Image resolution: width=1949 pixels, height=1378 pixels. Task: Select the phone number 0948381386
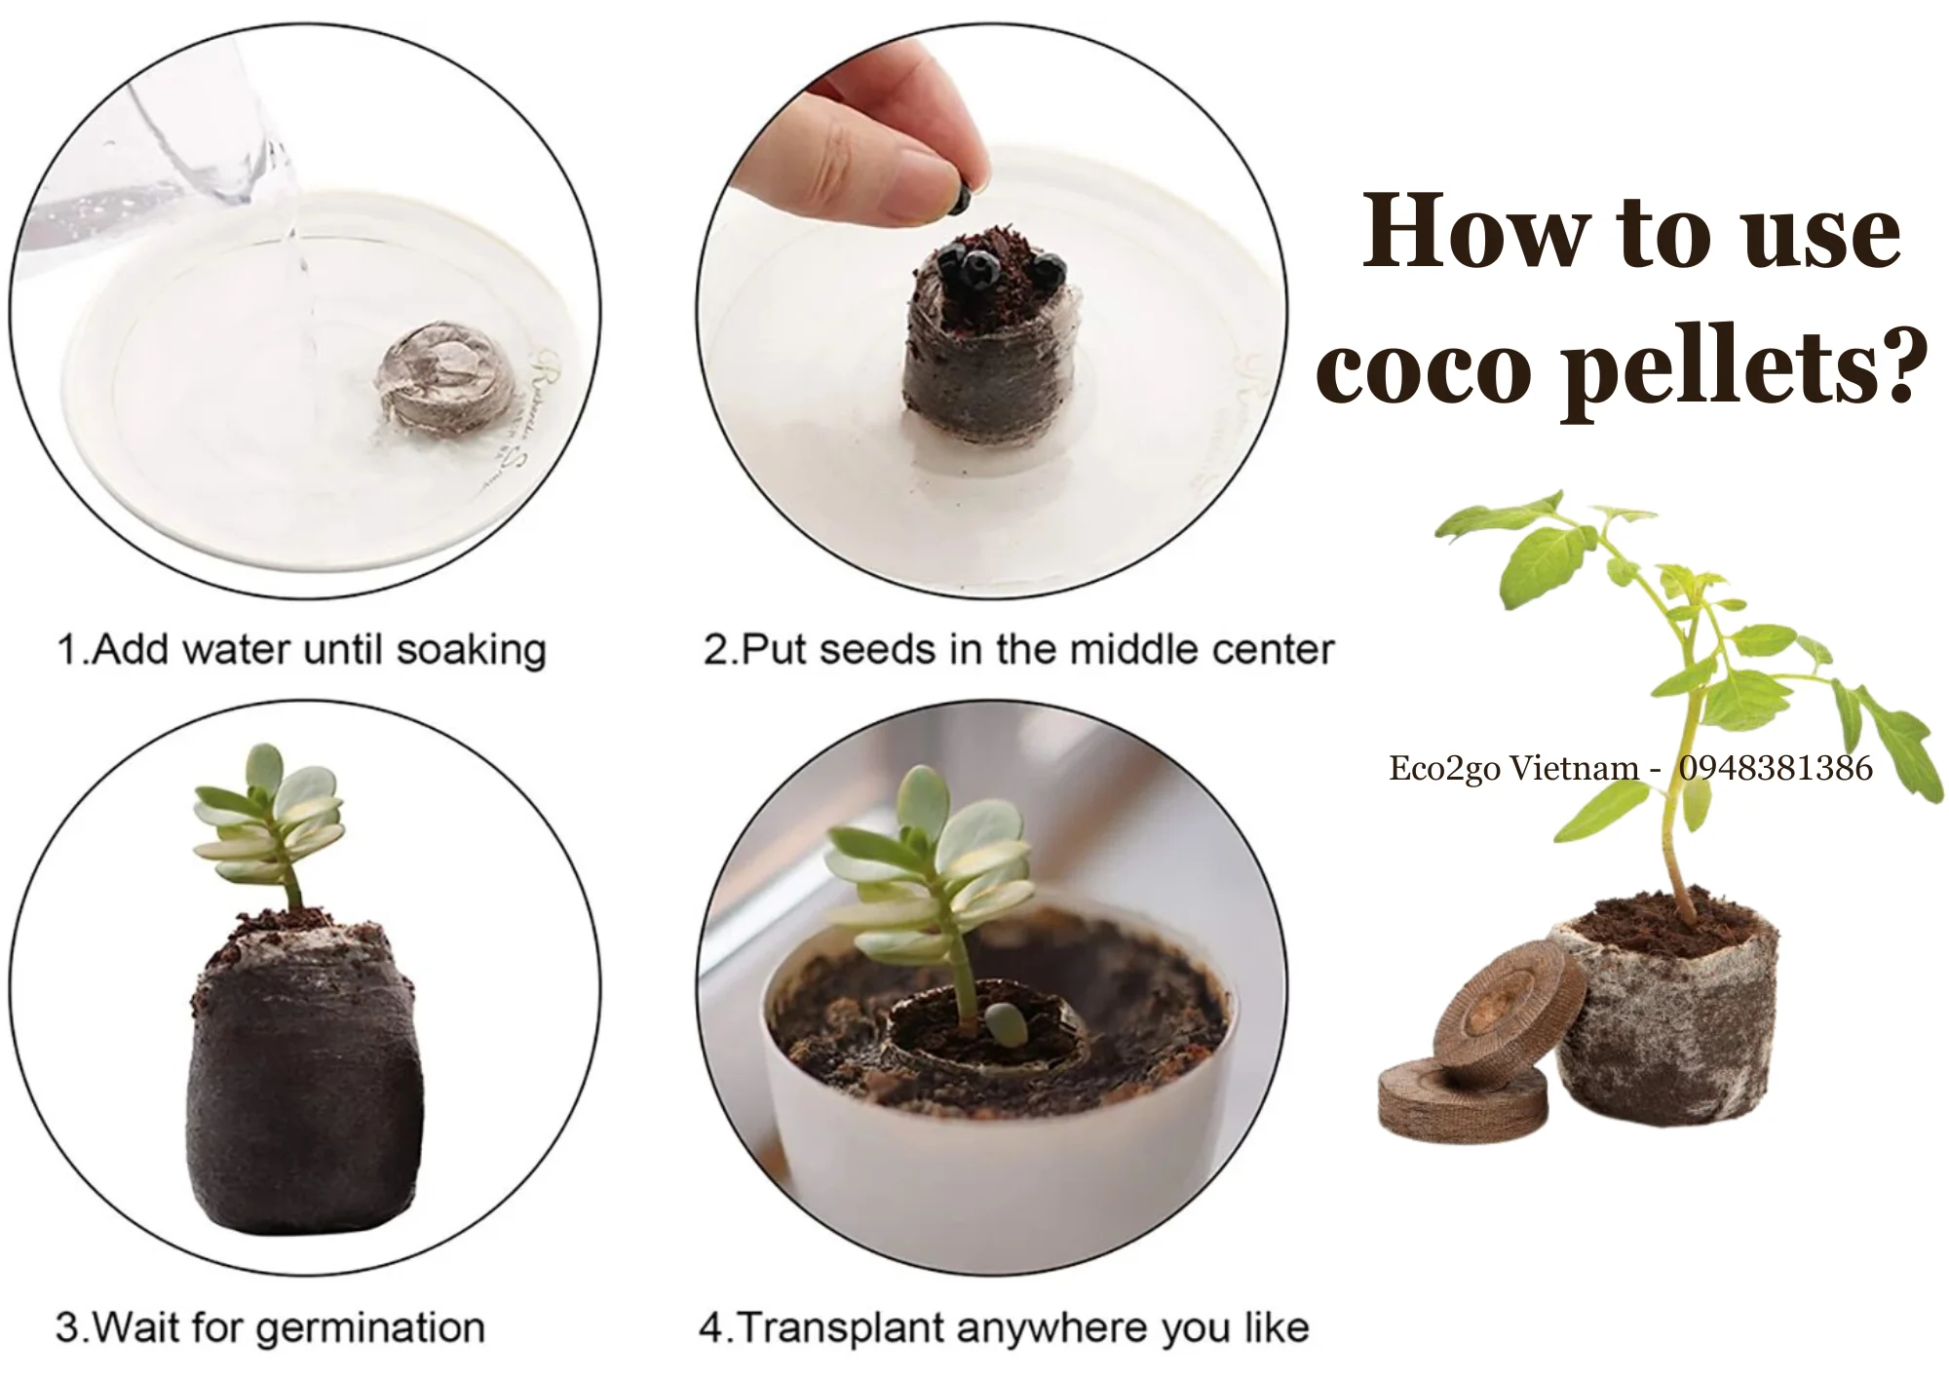[x=1775, y=768]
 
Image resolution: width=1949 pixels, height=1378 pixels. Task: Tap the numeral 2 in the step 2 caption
[x=714, y=650]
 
